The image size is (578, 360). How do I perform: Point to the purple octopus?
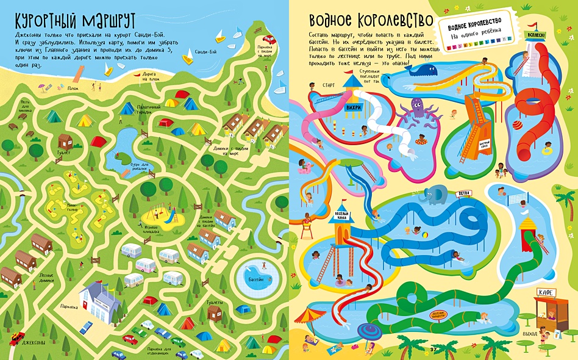(419, 111)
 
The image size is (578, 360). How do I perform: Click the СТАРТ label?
(329, 85)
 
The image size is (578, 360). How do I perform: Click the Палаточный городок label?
(143, 109)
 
